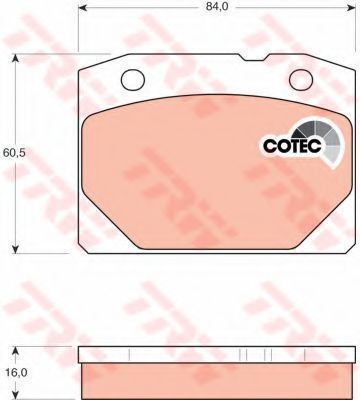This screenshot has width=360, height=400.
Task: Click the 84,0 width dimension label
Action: tap(217, 6)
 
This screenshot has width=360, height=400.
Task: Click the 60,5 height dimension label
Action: tap(14, 153)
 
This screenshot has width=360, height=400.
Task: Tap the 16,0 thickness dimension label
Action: tap(15, 373)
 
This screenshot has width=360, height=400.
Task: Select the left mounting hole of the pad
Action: tap(133, 80)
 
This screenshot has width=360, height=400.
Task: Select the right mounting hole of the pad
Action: tap(301, 80)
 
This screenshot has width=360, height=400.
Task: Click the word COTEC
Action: tap(293, 145)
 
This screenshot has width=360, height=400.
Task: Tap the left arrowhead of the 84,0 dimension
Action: tap(83, 7)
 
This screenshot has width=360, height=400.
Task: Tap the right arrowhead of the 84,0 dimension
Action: tap(351, 7)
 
